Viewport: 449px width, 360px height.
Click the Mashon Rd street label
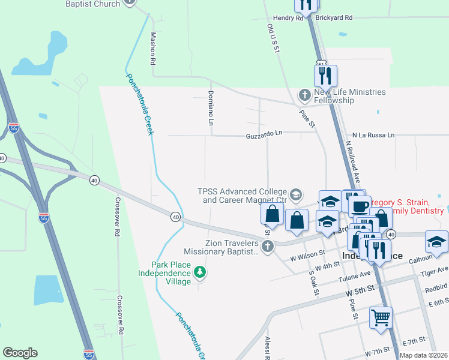click(x=154, y=49)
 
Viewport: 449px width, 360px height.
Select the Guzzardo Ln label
click(x=264, y=136)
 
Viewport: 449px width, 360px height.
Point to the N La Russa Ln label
click(x=373, y=136)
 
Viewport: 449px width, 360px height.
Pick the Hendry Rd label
click(x=288, y=19)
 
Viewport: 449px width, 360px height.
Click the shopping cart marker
click(x=381, y=316)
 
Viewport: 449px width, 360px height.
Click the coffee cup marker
click(x=360, y=206)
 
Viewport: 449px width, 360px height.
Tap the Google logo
click(x=20, y=353)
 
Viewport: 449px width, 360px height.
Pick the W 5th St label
click(x=360, y=289)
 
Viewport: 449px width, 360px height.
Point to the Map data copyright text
click(x=423, y=355)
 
